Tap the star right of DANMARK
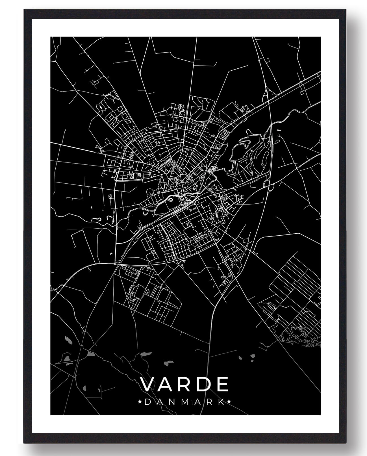tap(229, 402)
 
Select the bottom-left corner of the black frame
tap(25, 442)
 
